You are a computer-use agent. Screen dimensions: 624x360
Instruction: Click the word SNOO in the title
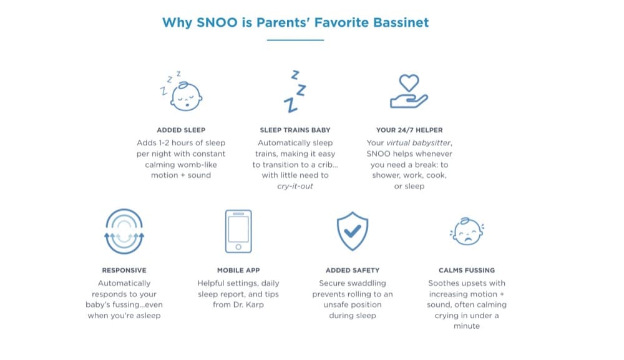217,22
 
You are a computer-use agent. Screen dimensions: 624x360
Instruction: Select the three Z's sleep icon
295,92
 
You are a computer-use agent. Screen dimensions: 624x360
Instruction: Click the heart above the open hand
409,83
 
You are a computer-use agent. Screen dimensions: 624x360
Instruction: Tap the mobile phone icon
238,231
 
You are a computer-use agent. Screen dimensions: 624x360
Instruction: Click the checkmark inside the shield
352,231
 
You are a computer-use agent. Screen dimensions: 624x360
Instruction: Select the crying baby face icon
467,231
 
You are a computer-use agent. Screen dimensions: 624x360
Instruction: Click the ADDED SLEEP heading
181,130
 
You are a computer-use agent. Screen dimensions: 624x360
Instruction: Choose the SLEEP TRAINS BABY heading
295,130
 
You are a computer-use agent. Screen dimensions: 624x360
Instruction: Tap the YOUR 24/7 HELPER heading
409,130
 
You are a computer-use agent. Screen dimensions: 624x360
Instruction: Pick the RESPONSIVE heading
124,271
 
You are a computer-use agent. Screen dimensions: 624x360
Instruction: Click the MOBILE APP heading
238,271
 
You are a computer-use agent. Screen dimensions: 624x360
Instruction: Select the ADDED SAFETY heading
353,271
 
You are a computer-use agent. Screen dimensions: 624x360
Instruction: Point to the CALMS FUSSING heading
467,271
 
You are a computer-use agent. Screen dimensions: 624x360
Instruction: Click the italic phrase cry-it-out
295,186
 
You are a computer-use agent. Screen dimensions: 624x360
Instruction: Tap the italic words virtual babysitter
419,143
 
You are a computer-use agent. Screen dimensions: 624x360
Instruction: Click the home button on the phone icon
238,247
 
